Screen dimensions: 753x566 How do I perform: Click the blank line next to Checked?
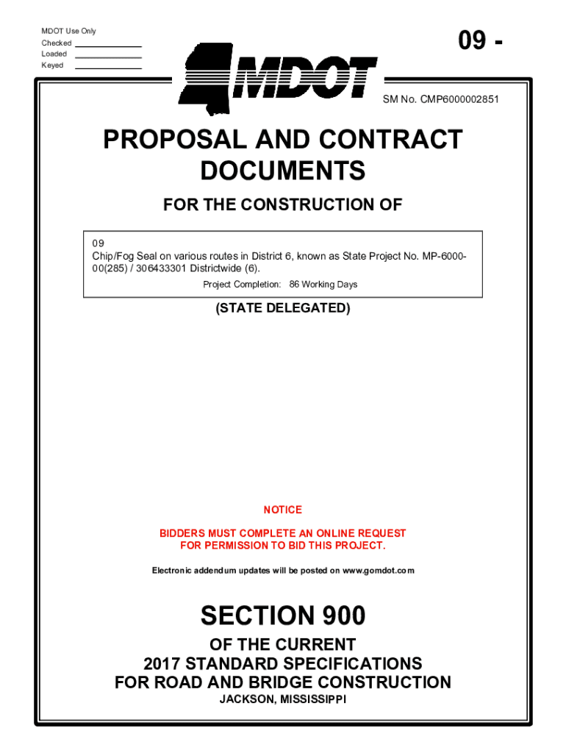click(108, 46)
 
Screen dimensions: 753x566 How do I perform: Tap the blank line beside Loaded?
click(108, 57)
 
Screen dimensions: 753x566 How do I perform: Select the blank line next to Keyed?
click(108, 68)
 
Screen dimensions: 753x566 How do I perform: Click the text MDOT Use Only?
click(68, 31)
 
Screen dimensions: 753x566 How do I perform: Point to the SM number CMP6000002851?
click(440, 99)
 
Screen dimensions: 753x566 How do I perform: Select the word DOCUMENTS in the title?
click(283, 171)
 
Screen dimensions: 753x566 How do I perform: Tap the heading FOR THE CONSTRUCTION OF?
click(283, 205)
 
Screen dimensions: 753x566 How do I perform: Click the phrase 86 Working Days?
click(323, 285)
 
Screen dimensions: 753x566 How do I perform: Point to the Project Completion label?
click(242, 285)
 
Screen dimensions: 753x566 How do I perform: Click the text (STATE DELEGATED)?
click(283, 309)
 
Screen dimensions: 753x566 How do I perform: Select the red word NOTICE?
click(283, 510)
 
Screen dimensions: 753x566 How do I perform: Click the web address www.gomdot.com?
click(378, 571)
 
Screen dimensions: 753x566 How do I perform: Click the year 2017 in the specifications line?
click(162, 663)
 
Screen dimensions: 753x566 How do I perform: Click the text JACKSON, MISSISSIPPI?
click(283, 699)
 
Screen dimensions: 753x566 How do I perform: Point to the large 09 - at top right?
click(481, 41)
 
